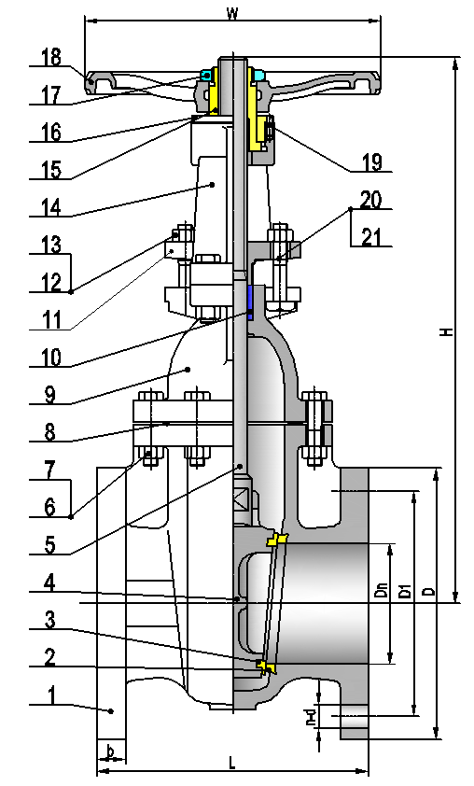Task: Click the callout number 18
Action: point(51,57)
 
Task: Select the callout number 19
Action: point(372,161)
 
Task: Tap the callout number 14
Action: point(51,207)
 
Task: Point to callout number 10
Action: point(51,358)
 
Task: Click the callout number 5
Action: point(50,545)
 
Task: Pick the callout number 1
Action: point(50,695)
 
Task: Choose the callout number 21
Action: point(371,237)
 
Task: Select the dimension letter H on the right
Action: point(448,331)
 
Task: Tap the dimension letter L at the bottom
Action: point(232,763)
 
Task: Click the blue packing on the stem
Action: point(249,301)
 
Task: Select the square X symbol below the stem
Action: point(242,500)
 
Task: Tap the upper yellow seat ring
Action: point(276,540)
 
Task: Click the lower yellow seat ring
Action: point(266,667)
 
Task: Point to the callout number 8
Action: point(50,432)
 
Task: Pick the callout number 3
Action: point(50,620)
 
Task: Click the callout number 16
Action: point(51,133)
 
